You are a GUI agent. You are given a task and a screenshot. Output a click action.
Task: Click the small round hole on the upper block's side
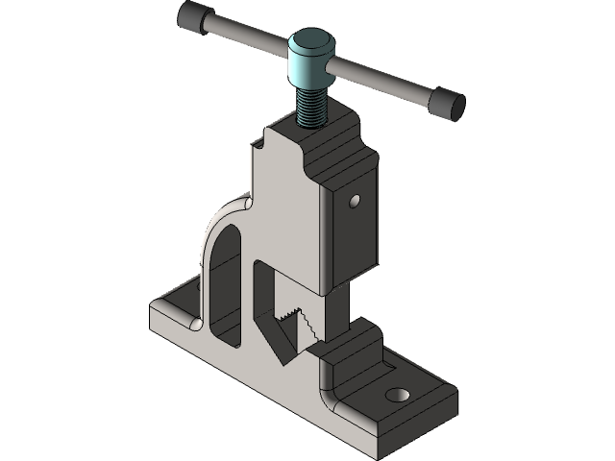[x=355, y=202]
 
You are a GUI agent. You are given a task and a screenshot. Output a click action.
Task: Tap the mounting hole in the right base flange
[x=395, y=395]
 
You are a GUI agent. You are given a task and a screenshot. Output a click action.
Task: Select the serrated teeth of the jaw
[x=292, y=322]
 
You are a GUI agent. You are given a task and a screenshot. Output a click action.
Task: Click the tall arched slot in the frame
[x=223, y=288]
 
